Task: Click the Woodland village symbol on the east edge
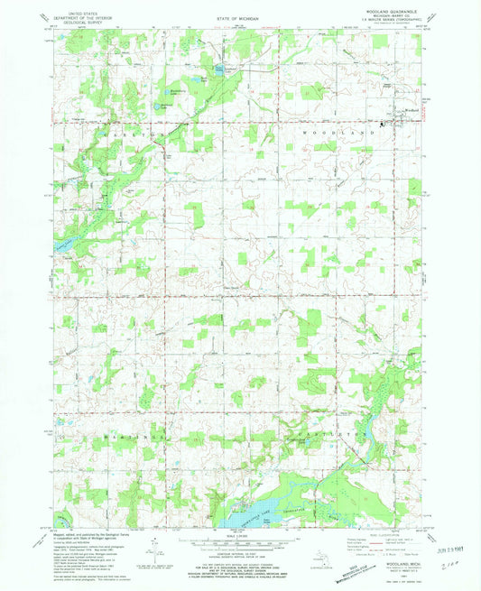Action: coord(385,122)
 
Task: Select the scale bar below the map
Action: coord(237,544)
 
